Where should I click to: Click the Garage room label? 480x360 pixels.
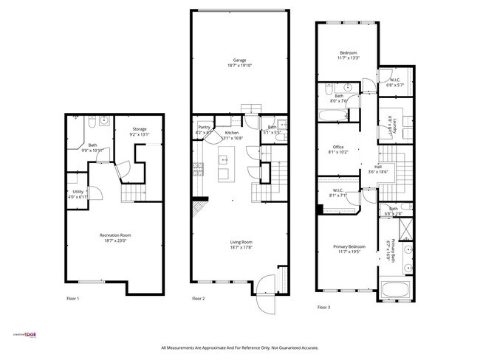click(x=240, y=60)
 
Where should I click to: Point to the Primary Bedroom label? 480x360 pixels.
click(x=348, y=247)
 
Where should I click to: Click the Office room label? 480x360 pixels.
click(x=338, y=147)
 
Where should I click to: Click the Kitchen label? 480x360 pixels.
click(x=232, y=133)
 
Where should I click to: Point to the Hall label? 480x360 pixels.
click(x=377, y=167)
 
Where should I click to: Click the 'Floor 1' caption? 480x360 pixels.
click(x=72, y=299)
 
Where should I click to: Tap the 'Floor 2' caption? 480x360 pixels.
click(x=198, y=299)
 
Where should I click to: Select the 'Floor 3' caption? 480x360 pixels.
click(x=324, y=307)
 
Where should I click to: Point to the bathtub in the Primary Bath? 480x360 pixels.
click(x=397, y=289)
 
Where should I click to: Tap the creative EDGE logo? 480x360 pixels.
click(x=25, y=333)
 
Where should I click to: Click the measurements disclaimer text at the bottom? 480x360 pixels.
click(x=239, y=348)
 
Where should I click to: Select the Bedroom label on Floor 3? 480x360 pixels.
click(x=349, y=54)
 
